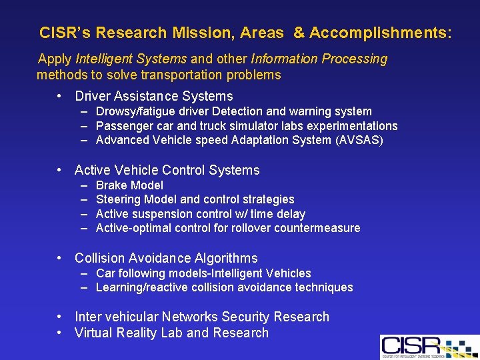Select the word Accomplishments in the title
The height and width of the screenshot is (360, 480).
[x=379, y=33]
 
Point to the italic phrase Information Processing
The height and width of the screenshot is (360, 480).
[x=319, y=59]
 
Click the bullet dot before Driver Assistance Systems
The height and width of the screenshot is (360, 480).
[x=61, y=97]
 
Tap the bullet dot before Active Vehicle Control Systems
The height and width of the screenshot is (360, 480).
[x=61, y=171]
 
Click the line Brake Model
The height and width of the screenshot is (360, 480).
[x=129, y=185]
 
